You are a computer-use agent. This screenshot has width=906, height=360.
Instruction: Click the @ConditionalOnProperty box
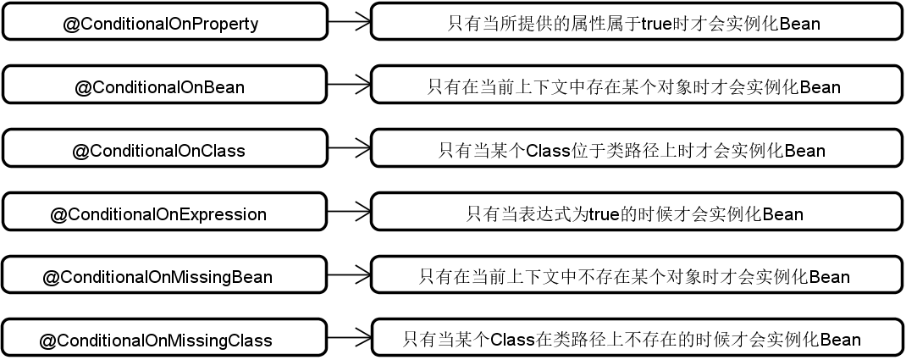(164, 21)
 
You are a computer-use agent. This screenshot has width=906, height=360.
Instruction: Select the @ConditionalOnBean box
(164, 85)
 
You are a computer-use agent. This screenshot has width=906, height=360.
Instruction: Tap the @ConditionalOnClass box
(164, 148)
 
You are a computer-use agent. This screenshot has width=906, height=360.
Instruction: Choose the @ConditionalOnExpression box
(164, 212)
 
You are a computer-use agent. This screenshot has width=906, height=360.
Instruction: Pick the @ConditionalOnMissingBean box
(164, 274)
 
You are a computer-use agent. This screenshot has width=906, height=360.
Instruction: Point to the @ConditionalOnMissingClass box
(164, 337)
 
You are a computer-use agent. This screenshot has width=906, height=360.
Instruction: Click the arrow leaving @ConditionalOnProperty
(349, 21)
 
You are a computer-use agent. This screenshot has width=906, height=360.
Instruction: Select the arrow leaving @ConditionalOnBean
(349, 85)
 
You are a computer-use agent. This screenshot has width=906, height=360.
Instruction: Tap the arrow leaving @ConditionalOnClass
(349, 148)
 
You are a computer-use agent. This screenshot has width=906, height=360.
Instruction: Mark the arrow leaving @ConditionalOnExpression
(349, 212)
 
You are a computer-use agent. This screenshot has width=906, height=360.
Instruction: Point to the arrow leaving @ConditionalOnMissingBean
(349, 274)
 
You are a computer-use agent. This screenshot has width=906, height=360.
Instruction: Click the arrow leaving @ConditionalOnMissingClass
(349, 337)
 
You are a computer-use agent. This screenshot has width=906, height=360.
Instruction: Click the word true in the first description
(656, 24)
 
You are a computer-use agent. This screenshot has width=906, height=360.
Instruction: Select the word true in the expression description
(604, 214)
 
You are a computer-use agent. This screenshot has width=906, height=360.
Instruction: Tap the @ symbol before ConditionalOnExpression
(59, 215)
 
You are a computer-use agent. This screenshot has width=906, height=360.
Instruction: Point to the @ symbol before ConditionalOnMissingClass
(47, 341)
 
